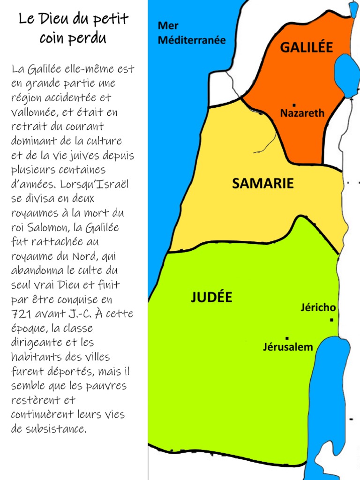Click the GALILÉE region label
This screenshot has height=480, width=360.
[x=306, y=47]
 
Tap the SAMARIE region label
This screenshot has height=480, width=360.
[x=263, y=183]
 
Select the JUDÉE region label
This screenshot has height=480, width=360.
[x=211, y=297]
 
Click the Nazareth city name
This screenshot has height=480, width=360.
[x=302, y=113]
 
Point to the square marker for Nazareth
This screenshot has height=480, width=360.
[x=294, y=105]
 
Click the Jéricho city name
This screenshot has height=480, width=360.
[x=318, y=308]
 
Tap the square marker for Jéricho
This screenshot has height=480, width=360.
[x=331, y=320]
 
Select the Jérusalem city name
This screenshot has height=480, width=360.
[x=287, y=347]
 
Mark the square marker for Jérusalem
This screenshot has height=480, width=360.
[x=287, y=337]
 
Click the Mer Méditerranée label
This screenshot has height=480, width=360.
[x=191, y=33]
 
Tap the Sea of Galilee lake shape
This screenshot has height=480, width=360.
[x=345, y=75]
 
